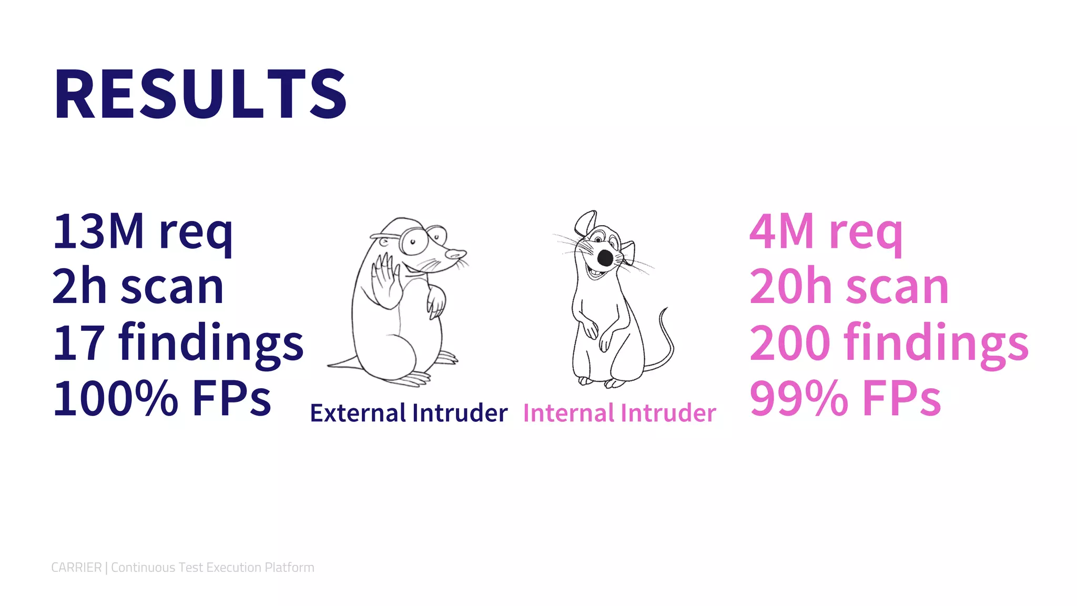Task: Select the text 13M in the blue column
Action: tap(98, 231)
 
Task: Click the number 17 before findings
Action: tap(79, 343)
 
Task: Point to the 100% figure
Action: tap(116, 399)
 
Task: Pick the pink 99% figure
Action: tap(798, 399)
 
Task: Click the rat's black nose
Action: tap(605, 258)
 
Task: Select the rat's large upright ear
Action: tap(585, 223)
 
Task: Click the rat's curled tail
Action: tap(665, 342)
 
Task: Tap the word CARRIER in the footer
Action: tap(76, 568)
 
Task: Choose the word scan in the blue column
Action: tap(172, 287)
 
